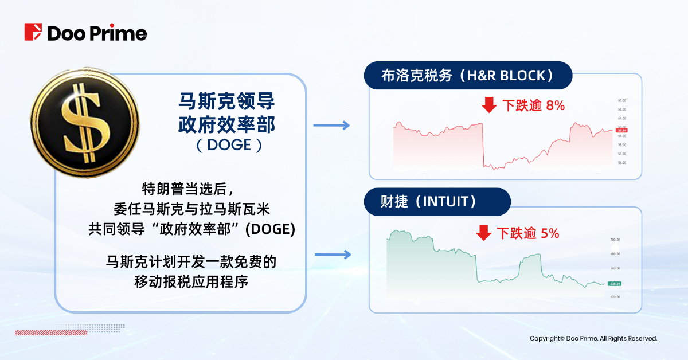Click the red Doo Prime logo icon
[33, 32]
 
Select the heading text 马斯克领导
[228, 103]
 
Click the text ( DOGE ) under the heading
[228, 145]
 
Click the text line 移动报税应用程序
[190, 282]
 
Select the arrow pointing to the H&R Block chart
[331, 125]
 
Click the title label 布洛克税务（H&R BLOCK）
[468, 76]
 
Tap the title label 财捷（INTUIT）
[437, 202]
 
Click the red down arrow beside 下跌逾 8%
[488, 105]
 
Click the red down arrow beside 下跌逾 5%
[484, 233]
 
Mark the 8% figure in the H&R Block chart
[556, 105]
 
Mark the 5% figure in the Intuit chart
[550, 233]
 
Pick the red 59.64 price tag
[621, 131]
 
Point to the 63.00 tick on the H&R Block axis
[621, 100]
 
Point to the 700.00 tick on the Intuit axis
[616, 240]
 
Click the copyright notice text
[593, 339]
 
